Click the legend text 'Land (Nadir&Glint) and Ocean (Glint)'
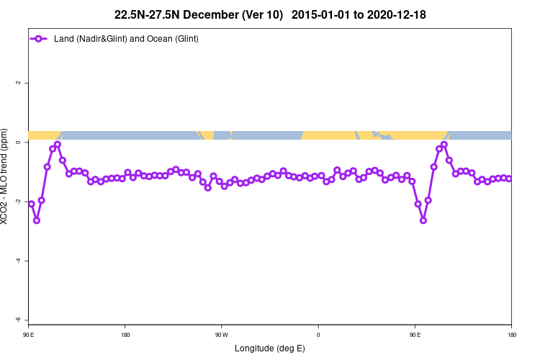tap(126, 38)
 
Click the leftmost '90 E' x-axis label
tap(29, 335)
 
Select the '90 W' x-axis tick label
tap(221, 335)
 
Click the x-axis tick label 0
tap(318, 335)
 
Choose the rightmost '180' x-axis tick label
tap(511, 335)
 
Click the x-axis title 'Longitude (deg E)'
tap(269, 349)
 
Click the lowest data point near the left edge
tap(37, 220)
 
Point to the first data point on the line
tap(31, 204)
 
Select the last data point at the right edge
tap(508, 179)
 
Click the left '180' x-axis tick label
tap(125, 335)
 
